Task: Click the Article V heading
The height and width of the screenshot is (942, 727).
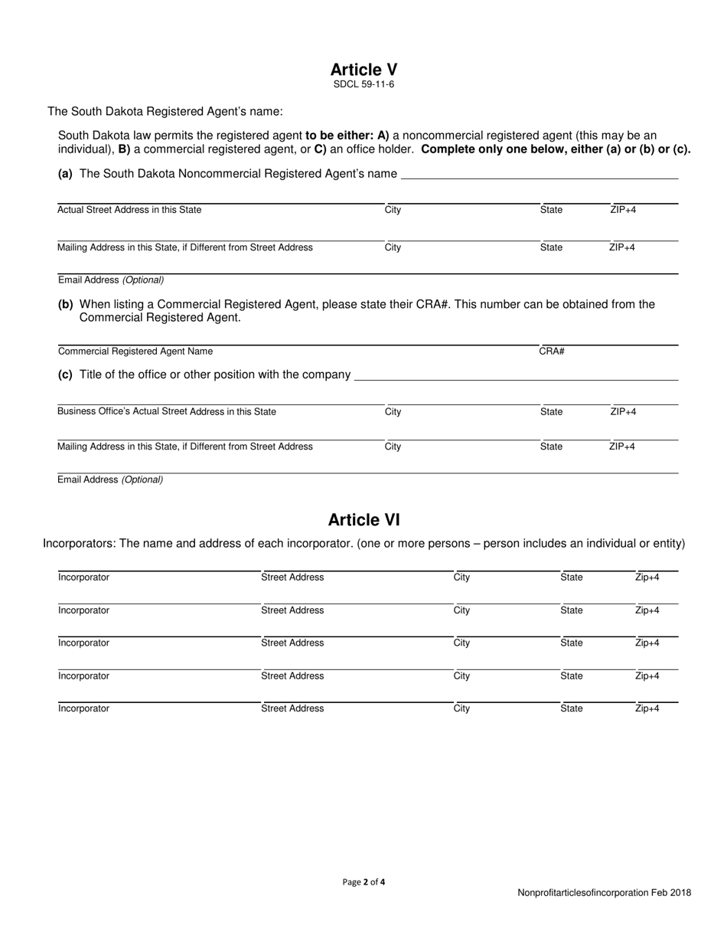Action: [363, 69]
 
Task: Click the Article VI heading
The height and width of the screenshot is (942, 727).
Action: [363, 520]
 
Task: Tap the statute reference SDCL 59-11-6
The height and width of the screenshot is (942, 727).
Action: [363, 85]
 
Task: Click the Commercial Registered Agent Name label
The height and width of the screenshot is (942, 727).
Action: [135, 352]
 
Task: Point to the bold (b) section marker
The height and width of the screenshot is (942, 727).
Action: [65, 304]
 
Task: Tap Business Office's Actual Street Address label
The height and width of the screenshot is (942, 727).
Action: [167, 412]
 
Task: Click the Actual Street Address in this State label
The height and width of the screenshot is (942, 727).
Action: [129, 210]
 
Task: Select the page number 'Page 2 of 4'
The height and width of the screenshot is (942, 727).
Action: [363, 882]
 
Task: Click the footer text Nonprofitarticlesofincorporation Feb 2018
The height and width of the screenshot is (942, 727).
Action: [604, 893]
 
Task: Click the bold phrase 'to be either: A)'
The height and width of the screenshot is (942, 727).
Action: [347, 136]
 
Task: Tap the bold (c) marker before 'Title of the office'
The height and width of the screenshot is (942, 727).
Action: [65, 375]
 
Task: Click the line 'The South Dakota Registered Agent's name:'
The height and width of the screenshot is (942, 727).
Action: [165, 112]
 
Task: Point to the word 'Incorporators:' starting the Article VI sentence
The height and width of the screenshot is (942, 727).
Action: [79, 544]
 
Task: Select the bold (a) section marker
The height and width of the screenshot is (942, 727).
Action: [65, 174]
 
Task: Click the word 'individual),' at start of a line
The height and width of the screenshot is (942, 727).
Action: [86, 149]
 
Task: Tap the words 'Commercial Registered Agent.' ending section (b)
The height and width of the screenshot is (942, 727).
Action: [160, 317]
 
